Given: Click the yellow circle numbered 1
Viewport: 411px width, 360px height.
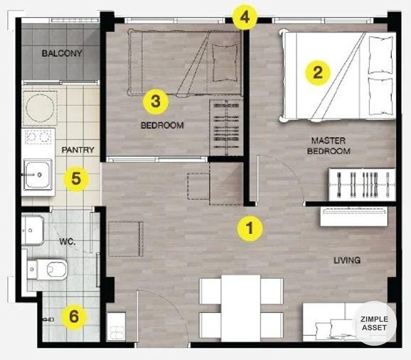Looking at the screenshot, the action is coord(250,228).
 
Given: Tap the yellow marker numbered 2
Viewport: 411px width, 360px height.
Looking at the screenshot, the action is coord(318,73).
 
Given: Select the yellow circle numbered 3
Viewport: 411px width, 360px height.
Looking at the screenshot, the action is coord(156,102).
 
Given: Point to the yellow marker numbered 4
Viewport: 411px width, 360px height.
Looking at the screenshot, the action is coord(245,17).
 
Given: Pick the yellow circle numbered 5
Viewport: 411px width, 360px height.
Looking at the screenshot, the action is coord(76,179).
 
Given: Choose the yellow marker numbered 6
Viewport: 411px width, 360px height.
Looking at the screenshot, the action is coord(74,317).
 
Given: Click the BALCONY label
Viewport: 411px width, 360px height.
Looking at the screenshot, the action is coord(62,53).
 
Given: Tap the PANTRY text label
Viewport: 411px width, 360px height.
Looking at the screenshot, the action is coord(78,150).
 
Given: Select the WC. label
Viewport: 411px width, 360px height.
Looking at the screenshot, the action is coord(68,241).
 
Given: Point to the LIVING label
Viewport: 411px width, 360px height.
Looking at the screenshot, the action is coord(347,260).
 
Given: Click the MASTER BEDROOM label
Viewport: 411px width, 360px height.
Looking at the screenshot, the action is coord(329,146).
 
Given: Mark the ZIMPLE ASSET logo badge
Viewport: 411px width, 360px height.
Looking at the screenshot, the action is coord(374,323).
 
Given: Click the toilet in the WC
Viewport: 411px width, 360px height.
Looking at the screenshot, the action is coord(47,269).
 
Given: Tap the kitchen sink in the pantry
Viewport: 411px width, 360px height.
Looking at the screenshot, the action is coord(38,174).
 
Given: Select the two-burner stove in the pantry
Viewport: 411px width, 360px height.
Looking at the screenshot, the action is coord(38,137).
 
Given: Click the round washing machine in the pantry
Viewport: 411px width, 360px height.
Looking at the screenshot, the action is coord(40,108).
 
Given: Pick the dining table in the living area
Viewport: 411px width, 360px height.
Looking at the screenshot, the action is coord(241,308).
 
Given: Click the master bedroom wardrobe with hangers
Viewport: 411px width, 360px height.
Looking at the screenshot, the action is coord(362,185).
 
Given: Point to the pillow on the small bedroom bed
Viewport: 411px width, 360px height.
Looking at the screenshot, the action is coord(225,63).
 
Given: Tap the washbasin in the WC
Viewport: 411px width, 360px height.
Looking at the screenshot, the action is coord(32,231).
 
